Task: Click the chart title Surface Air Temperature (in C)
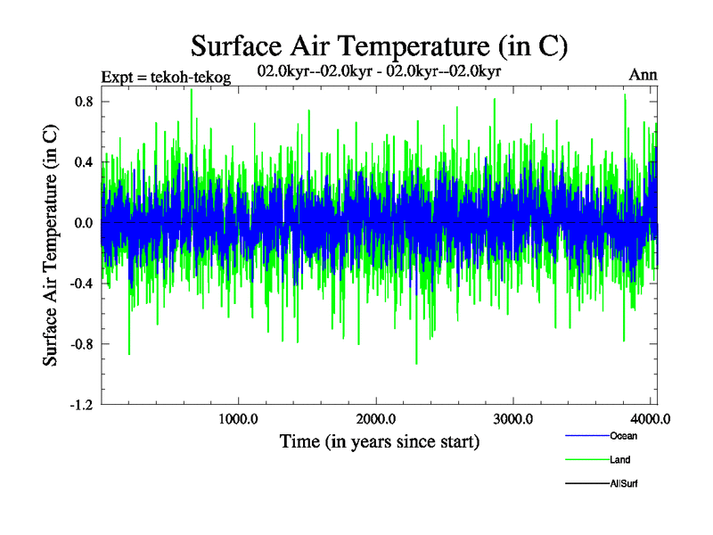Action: (x=379, y=45)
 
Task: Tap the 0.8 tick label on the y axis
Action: (x=85, y=102)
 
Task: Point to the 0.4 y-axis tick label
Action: (x=85, y=162)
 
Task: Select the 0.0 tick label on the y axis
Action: (x=85, y=223)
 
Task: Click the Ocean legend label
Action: (x=624, y=436)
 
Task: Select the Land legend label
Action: (x=621, y=460)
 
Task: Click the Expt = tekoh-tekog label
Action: (x=166, y=78)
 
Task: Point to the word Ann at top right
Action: (x=643, y=75)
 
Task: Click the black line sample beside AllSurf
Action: (x=586, y=484)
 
